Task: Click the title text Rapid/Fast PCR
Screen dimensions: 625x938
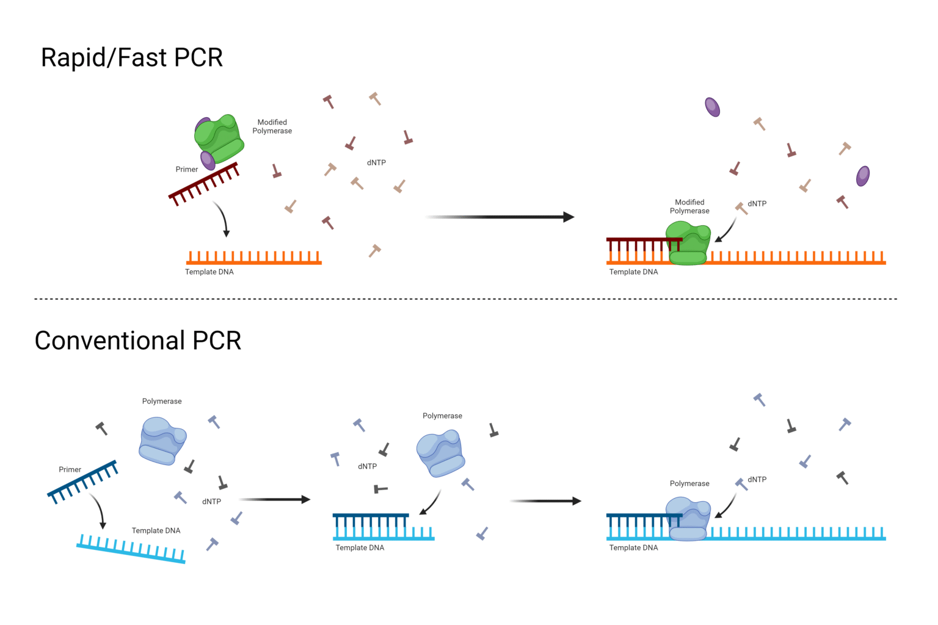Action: point(131,58)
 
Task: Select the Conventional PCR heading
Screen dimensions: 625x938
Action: point(138,341)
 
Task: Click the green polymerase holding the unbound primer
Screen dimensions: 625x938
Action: point(219,139)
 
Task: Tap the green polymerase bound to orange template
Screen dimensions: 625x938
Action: point(688,244)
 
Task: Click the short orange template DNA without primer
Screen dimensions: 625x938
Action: point(253,258)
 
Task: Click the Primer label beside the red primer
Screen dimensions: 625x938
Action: point(187,170)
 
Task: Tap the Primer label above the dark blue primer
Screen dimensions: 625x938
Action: point(70,469)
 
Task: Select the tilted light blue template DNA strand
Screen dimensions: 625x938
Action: point(131,549)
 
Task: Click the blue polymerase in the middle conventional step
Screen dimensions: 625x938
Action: point(440,454)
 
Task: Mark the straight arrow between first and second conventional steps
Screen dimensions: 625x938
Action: point(275,499)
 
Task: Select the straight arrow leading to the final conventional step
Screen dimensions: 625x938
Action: point(545,501)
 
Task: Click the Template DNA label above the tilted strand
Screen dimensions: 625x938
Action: point(156,530)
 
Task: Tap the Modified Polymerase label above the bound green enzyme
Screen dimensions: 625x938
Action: point(689,206)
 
